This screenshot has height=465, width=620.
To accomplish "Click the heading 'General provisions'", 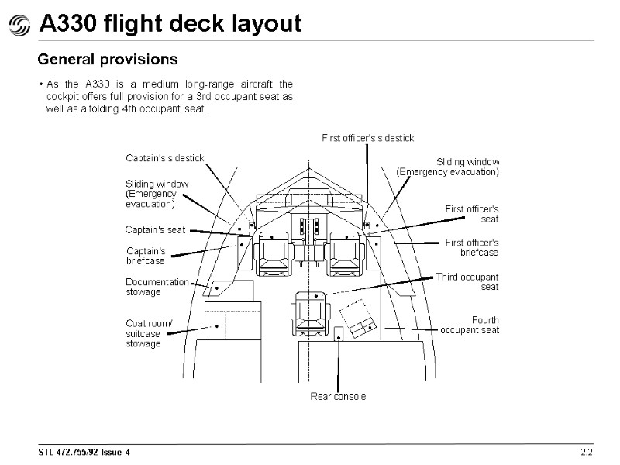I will [x=108, y=59].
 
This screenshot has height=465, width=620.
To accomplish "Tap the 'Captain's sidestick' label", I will [x=164, y=158].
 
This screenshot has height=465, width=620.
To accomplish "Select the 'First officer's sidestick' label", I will [x=367, y=138].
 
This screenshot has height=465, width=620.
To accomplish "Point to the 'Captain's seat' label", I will [x=156, y=230].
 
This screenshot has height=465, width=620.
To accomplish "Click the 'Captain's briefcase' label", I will [x=146, y=256].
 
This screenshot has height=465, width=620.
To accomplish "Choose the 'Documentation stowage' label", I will [x=157, y=287].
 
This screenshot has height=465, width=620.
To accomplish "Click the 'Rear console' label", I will [x=338, y=396].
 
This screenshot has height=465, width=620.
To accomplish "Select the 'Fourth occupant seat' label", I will [x=470, y=325].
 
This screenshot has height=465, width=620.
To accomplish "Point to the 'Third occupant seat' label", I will [x=467, y=281].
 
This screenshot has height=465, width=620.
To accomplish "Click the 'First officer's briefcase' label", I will [x=471, y=247].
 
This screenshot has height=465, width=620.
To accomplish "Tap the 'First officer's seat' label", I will [x=471, y=214].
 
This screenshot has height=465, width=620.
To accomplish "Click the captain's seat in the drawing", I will [x=273, y=253].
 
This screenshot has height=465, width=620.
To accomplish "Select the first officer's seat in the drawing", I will [x=346, y=253].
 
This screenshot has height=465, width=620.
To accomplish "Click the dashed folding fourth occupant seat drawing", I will [x=357, y=319].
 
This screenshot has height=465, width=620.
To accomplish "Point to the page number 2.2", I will [x=586, y=452].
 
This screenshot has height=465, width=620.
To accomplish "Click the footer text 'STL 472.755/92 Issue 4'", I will [x=85, y=452].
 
